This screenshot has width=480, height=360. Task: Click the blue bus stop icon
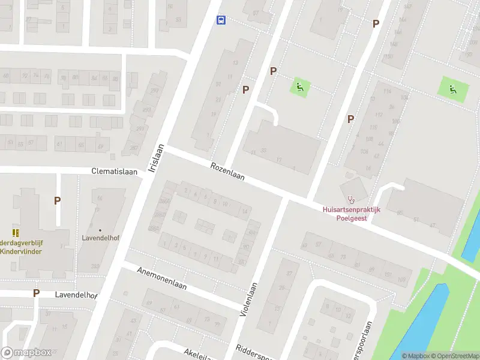click(x=221, y=20)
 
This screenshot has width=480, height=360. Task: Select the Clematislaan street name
click(x=114, y=171)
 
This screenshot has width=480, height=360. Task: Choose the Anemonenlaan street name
click(x=163, y=278)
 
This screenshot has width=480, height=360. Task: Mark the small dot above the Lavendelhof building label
click(x=100, y=230)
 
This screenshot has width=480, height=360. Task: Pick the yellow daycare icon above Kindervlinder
click(x=15, y=232)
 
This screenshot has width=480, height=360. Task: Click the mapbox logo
click(x=26, y=352)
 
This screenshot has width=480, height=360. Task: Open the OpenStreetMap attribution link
click(x=454, y=356)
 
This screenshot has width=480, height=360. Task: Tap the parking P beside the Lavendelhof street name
click(x=36, y=293)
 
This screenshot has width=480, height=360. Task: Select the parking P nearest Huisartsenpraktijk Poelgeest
click(x=350, y=119)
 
